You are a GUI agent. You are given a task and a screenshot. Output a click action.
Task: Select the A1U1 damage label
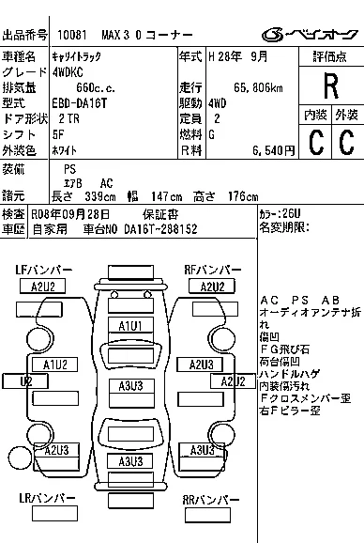(129, 325)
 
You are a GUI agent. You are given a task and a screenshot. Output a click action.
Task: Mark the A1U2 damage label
(54, 364)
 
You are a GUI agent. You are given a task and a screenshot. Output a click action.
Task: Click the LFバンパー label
(43, 270)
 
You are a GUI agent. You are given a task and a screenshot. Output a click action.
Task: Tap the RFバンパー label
(212, 270)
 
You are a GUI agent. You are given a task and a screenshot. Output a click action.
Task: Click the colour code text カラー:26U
(280, 213)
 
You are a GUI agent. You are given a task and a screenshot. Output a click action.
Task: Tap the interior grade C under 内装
(315, 143)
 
